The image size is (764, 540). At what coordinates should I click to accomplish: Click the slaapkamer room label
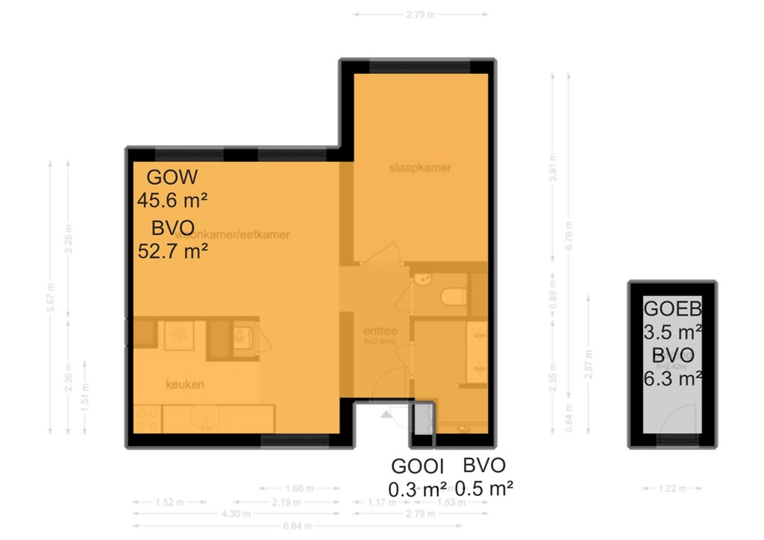420,168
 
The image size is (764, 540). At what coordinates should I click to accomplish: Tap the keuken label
186,385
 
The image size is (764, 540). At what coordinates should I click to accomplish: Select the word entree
381,331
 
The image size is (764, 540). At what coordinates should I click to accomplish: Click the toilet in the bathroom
453,298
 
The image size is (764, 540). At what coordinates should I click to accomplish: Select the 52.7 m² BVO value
172,251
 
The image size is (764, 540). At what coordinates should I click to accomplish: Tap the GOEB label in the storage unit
672,310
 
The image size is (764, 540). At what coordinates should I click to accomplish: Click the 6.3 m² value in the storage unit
672,378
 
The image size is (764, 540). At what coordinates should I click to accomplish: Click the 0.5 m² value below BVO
484,489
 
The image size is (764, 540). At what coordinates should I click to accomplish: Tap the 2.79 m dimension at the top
421,13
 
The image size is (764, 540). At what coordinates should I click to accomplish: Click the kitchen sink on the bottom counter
202,415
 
